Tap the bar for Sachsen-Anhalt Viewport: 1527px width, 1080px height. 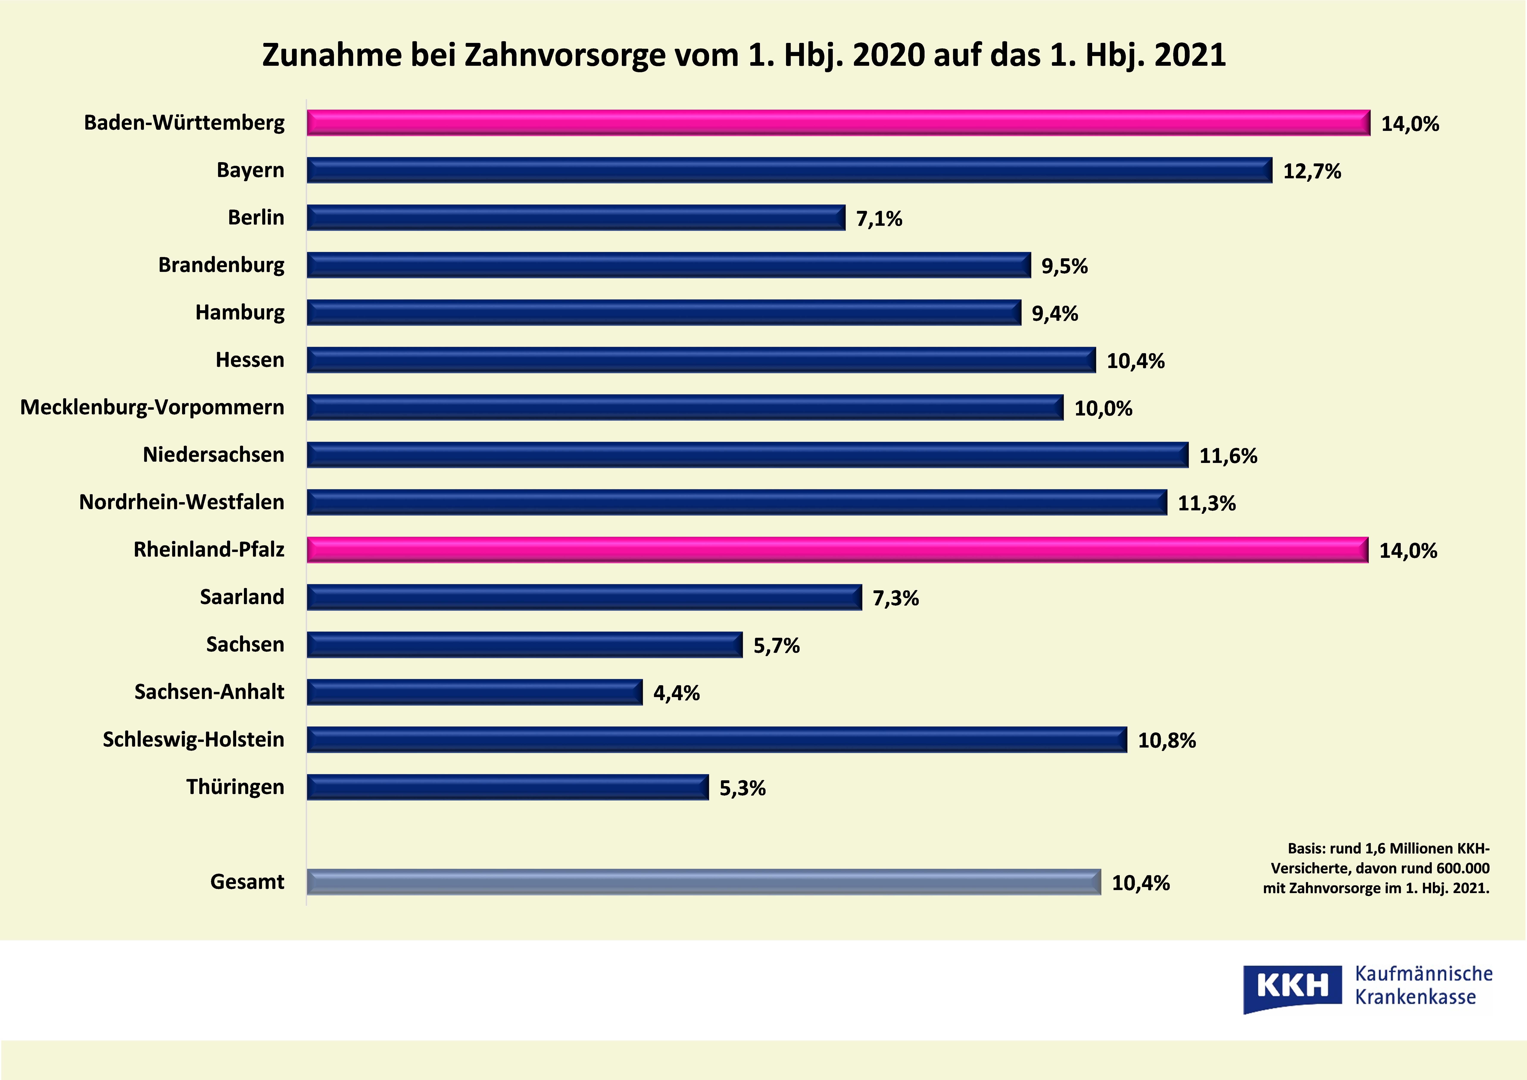pos(474,692)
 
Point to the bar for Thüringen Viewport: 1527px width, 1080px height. pos(507,787)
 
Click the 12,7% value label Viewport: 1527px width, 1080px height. pos(1312,172)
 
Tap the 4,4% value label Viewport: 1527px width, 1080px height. pos(676,693)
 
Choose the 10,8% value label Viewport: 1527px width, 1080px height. pos(1167,741)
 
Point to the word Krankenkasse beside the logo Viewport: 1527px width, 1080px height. pos(1415,997)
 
